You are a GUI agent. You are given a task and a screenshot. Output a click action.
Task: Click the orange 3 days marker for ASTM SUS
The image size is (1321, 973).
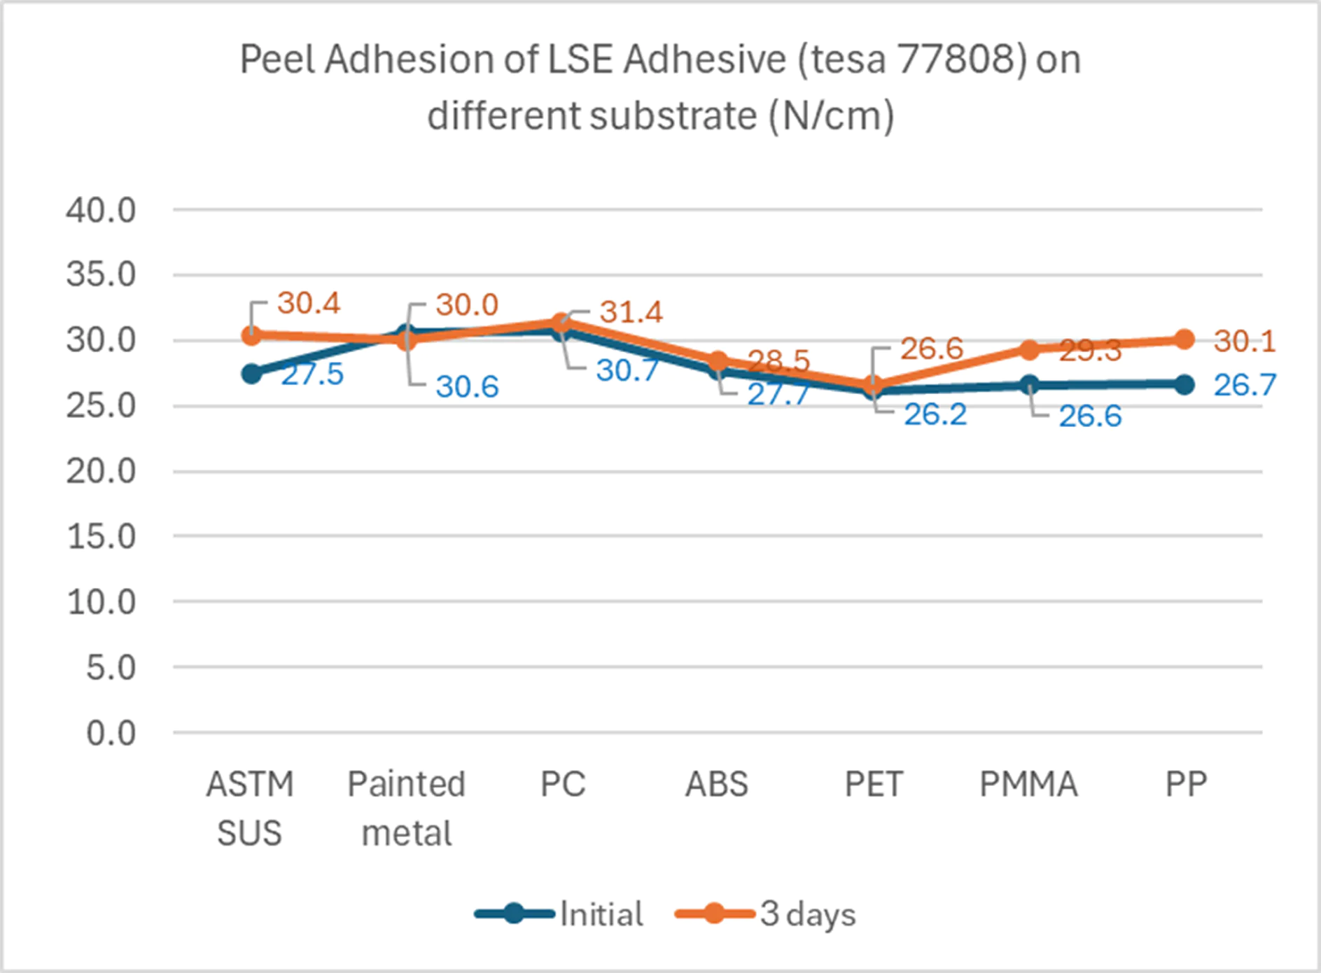(251, 335)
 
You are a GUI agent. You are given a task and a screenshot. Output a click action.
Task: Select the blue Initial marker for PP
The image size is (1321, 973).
(1184, 384)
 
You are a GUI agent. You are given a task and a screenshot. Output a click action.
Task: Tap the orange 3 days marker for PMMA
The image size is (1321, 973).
(1029, 349)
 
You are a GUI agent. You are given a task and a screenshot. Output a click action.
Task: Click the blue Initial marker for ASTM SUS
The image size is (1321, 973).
(251, 374)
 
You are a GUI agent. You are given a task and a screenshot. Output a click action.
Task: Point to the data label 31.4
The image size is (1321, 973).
(630, 312)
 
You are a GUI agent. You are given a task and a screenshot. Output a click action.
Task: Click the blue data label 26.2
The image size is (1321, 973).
(935, 414)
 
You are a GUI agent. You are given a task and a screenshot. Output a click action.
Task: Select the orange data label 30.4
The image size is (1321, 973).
(308, 303)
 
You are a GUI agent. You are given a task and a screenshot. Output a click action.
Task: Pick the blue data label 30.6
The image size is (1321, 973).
(467, 386)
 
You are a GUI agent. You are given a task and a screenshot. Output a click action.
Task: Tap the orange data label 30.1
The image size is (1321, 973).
(1244, 342)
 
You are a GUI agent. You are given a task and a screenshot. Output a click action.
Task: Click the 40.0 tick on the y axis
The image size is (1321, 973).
(101, 210)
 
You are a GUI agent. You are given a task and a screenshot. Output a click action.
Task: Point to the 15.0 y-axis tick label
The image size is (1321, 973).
(101, 537)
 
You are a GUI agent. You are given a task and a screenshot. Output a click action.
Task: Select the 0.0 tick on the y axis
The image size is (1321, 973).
(111, 734)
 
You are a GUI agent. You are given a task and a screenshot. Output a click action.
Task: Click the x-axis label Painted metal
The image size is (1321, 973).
(407, 808)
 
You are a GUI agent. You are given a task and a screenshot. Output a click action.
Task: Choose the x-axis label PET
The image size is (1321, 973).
(874, 784)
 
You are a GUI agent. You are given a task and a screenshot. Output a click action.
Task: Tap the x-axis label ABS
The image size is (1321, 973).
(717, 784)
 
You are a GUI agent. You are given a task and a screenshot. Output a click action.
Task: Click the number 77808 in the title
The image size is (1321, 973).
(956, 59)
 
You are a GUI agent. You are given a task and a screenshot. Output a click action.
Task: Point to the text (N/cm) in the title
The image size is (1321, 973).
(831, 115)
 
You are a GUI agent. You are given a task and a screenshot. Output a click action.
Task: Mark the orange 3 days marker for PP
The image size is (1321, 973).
(1184, 339)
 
